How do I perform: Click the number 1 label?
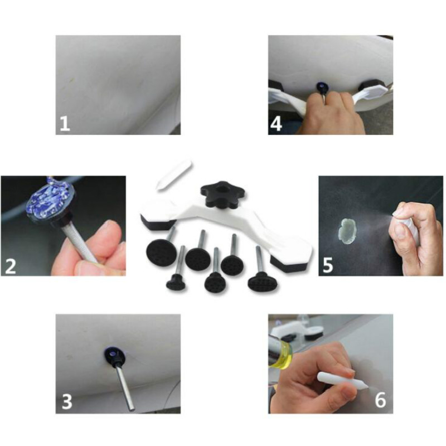click(65, 123)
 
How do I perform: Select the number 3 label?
click(66, 402)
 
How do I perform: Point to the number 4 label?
click(275, 124)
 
